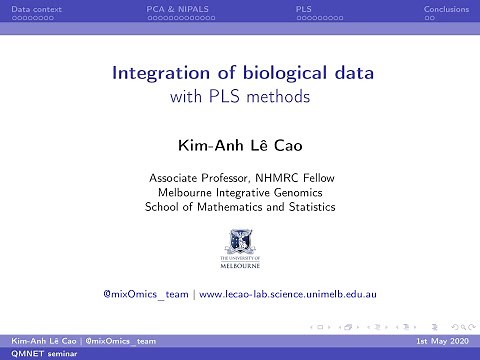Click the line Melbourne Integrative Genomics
(x=240, y=192)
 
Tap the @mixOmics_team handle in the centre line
(x=146, y=295)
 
